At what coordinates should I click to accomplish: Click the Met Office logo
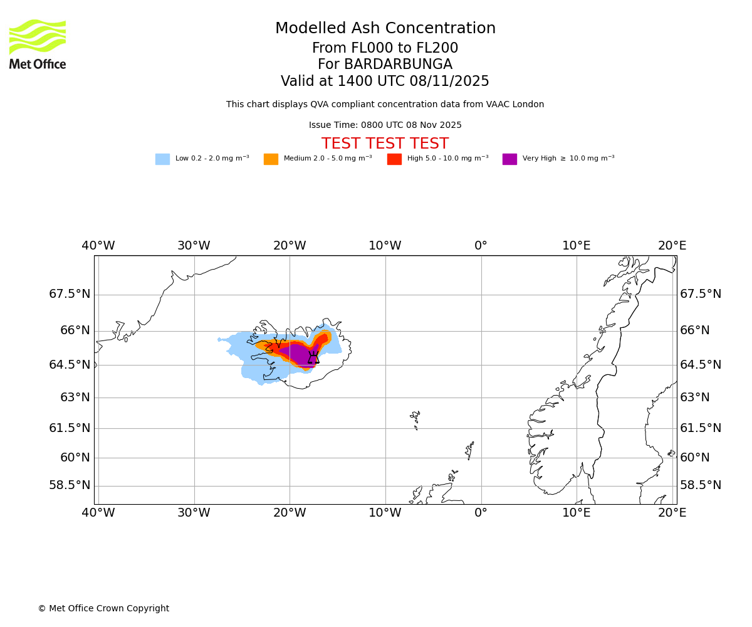point(38,44)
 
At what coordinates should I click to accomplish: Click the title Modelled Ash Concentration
point(385,29)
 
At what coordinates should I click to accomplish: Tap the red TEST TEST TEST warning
point(385,144)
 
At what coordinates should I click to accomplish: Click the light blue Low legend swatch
point(162,159)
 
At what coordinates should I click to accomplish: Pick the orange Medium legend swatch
point(271,159)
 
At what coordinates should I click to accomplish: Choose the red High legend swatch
point(394,159)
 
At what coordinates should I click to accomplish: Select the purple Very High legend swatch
point(509,159)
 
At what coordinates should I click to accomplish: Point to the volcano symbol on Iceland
point(313,357)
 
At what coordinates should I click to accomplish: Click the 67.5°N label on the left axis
point(70,294)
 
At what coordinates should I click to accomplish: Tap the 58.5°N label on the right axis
point(701,485)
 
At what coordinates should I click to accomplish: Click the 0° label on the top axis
point(481,246)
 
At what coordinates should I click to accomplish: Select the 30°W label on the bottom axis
point(194,513)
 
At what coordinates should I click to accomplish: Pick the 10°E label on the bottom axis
point(577,513)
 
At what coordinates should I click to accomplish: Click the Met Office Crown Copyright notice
point(103,608)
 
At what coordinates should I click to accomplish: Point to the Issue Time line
point(385,125)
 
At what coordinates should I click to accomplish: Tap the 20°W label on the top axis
point(290,246)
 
